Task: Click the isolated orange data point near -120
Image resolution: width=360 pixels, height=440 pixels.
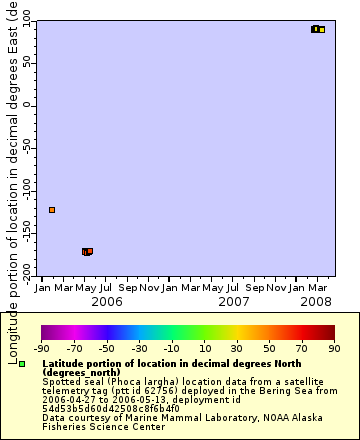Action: pos(52,210)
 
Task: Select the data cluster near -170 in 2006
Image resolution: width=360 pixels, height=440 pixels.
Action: pos(87,251)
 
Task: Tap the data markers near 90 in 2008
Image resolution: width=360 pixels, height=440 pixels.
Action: pos(317,29)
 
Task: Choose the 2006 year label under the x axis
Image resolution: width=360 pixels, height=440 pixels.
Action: pos(107,301)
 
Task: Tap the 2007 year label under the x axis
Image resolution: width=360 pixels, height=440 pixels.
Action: pos(234,301)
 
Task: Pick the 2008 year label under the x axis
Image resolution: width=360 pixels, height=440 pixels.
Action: pos(316,301)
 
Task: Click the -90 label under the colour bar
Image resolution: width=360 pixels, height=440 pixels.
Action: pos(42,348)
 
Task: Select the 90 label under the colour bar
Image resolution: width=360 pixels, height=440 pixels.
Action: pos(333,348)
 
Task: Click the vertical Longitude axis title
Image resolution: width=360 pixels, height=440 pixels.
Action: pos(11,190)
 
